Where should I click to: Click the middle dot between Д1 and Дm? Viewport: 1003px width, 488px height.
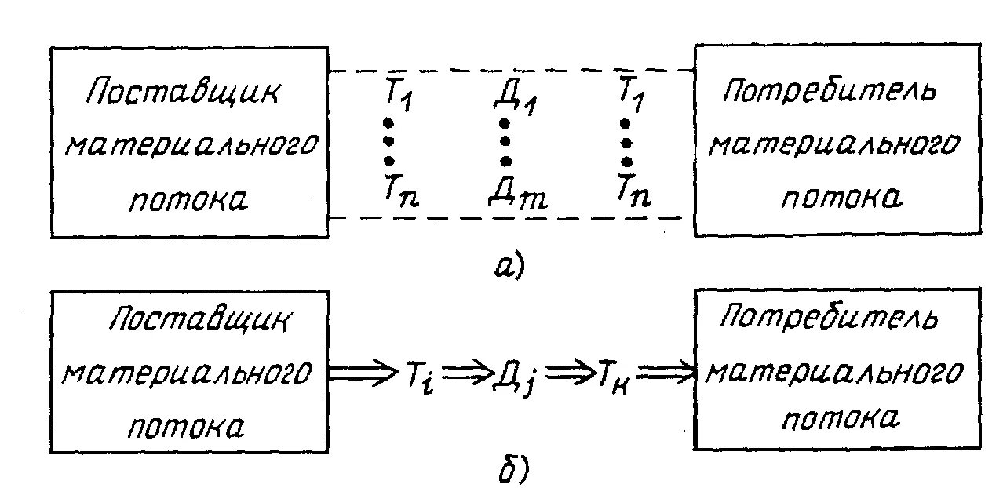[x=505, y=142]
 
